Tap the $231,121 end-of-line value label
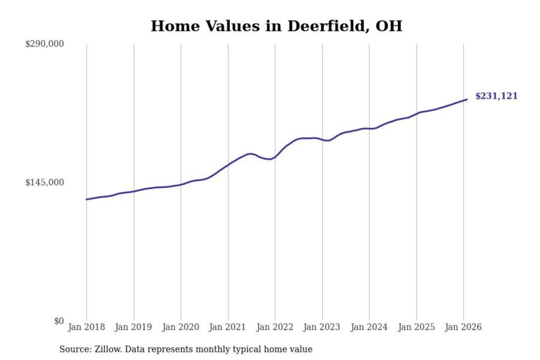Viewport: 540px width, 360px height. tap(496, 96)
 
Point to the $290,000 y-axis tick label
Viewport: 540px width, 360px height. tap(45, 44)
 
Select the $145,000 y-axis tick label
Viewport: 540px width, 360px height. tap(45, 183)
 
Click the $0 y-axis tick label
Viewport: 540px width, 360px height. tap(59, 321)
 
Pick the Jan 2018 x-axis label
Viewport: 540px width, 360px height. tap(86, 327)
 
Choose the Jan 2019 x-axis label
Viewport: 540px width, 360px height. tap(133, 327)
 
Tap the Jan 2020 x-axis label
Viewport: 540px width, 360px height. tap(180, 327)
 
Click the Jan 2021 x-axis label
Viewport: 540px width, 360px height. tap(227, 327)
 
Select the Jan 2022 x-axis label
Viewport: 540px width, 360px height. tap(274, 327)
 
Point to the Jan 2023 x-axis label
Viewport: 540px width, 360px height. tap(322, 327)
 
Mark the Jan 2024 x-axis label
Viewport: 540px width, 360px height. tap(369, 327)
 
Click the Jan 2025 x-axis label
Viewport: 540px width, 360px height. tap(416, 327)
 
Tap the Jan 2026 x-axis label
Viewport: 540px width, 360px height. tap(463, 327)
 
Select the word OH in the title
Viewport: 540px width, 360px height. tap(389, 26)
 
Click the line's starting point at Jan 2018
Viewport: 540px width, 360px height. tap(87, 199)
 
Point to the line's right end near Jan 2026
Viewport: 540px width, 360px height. tap(467, 99)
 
